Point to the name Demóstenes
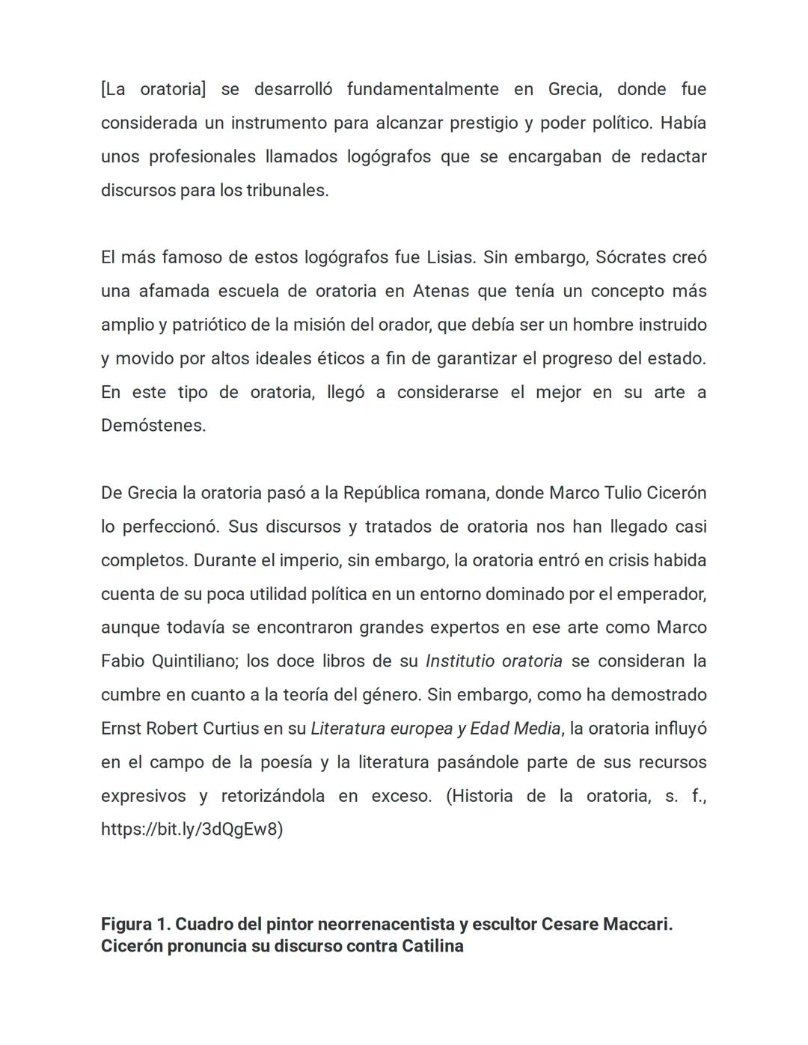(x=153, y=426)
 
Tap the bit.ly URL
(x=192, y=830)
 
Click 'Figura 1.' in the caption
(x=135, y=924)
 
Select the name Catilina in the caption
(x=432, y=946)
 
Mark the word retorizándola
(x=272, y=796)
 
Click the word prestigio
(x=483, y=123)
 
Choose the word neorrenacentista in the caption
(x=386, y=924)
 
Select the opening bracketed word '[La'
(x=113, y=89)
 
